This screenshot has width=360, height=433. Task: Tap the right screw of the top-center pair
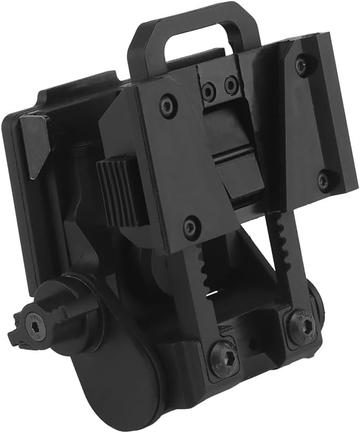tap(230, 84)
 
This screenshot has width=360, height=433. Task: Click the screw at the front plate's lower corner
tap(191, 228)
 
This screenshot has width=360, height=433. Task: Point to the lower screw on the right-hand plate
tap(324, 181)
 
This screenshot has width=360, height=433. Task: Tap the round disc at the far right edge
tap(317, 300)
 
